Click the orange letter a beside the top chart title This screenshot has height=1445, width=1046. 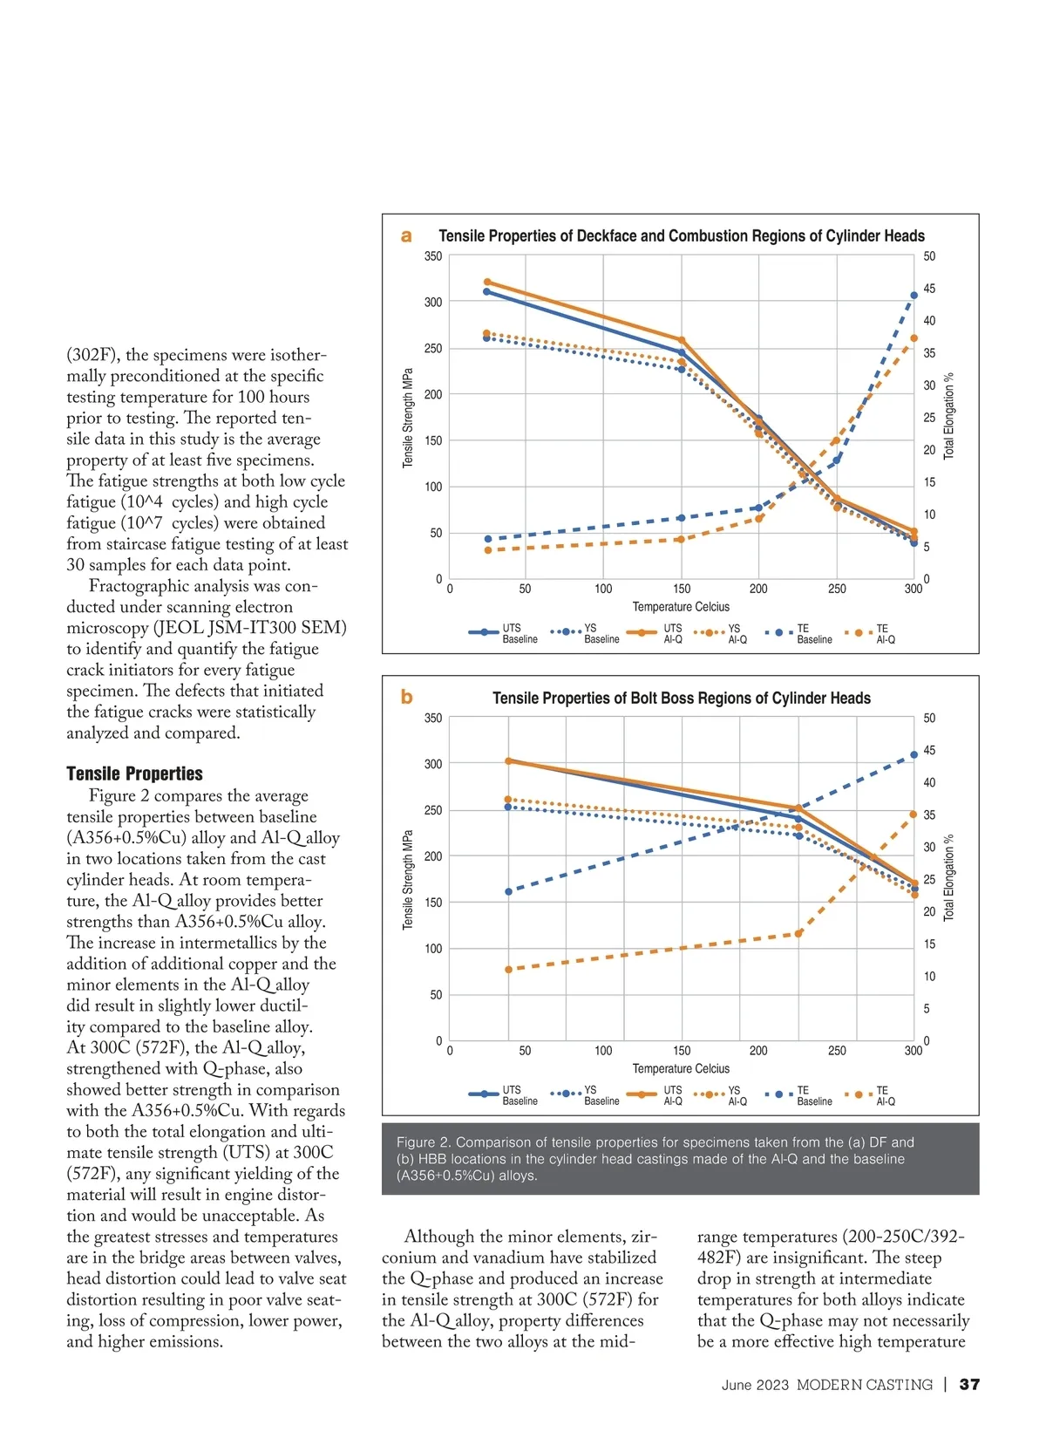click(x=406, y=235)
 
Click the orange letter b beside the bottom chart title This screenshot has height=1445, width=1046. click(x=406, y=697)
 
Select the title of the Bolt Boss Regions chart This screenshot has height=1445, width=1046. click(x=681, y=698)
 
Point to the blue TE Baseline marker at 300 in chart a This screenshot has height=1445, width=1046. click(x=914, y=296)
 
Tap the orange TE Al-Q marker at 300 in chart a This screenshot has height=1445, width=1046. click(x=914, y=338)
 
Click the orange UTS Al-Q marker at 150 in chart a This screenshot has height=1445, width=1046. click(x=682, y=340)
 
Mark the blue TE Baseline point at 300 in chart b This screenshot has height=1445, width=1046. click(x=914, y=755)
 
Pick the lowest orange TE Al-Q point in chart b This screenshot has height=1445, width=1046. click(x=509, y=970)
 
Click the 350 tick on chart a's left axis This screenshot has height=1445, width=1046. click(x=433, y=256)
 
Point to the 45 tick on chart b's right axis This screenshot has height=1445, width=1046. click(x=929, y=750)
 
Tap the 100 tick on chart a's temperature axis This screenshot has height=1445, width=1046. click(x=603, y=589)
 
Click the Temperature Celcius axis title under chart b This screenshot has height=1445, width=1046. click(x=681, y=1068)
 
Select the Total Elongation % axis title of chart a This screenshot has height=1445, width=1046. click(x=949, y=416)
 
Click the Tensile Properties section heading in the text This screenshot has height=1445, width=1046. click(x=134, y=774)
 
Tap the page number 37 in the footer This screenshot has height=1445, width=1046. click(x=969, y=1384)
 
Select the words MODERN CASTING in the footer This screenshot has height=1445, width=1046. click(x=864, y=1385)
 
